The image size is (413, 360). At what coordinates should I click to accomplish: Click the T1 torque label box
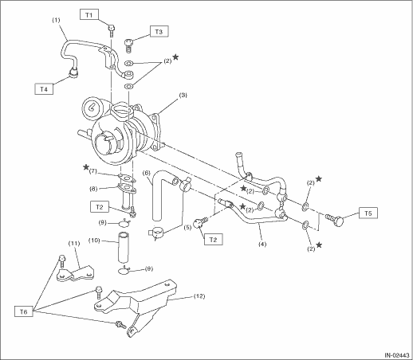point(89,15)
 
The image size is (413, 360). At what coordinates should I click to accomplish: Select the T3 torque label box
point(159,32)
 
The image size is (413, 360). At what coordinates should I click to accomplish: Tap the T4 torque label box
point(44,89)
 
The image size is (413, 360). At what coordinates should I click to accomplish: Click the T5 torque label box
point(368,213)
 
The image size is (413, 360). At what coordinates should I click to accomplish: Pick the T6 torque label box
point(24,311)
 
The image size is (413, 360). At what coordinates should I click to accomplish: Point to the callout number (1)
point(56,20)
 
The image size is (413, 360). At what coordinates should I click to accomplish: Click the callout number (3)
point(183,95)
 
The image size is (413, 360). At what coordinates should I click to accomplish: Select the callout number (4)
point(262,244)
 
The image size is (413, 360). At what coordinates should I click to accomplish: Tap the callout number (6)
point(147,173)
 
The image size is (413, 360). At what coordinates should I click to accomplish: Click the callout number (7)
point(93,170)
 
